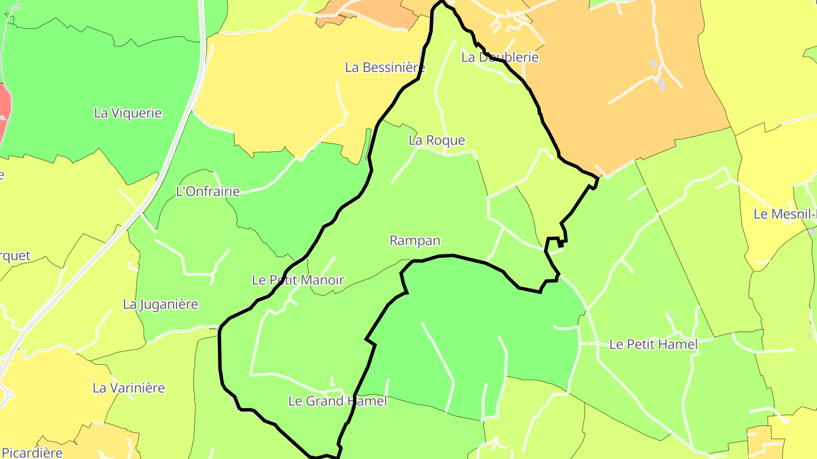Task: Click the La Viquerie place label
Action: pyautogui.click(x=128, y=113)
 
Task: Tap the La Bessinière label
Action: pyautogui.click(x=385, y=67)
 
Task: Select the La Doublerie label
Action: pyautogui.click(x=499, y=57)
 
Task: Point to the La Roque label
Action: pyautogui.click(x=436, y=140)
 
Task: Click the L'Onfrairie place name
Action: pyautogui.click(x=208, y=192)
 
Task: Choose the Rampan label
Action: pyautogui.click(x=415, y=240)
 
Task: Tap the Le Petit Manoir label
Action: pyautogui.click(x=298, y=279)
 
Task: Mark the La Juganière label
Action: pyautogui.click(x=160, y=304)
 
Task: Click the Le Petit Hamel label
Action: pyautogui.click(x=653, y=344)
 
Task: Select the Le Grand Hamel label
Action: pyautogui.click(x=338, y=401)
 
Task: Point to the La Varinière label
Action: pyautogui.click(x=128, y=388)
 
